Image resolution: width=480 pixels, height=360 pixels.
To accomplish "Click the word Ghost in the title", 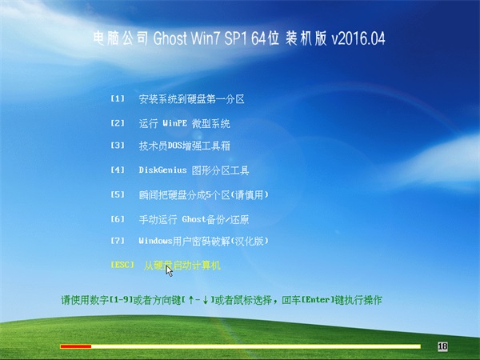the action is [170, 38].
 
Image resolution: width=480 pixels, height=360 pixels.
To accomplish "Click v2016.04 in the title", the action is [358, 38].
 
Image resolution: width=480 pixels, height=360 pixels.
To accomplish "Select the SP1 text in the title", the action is [235, 38].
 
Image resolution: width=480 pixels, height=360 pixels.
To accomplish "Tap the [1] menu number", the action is [118, 99].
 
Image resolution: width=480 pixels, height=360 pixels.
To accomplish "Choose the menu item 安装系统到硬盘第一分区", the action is [192, 99].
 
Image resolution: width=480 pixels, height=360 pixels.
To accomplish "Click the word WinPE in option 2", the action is [174, 123].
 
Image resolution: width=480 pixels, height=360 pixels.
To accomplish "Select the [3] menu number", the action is [118, 145].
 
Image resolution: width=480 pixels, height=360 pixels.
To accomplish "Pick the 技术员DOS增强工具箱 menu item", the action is [184, 146].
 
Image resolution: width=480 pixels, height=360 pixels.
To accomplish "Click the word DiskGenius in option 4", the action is [162, 170].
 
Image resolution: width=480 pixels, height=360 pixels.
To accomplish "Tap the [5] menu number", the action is [118, 194].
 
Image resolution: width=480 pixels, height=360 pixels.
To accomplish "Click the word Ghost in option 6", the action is [194, 219].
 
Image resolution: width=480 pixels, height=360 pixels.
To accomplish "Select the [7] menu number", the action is [118, 241].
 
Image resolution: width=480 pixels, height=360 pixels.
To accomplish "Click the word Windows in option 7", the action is [155, 241].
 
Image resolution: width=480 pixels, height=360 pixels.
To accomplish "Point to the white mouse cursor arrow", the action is [169, 271].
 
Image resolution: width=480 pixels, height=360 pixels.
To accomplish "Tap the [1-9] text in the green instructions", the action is [122, 300].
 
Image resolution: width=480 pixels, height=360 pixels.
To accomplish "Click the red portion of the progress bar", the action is [76, 346].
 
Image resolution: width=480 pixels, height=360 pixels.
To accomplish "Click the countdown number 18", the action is [442, 346].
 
